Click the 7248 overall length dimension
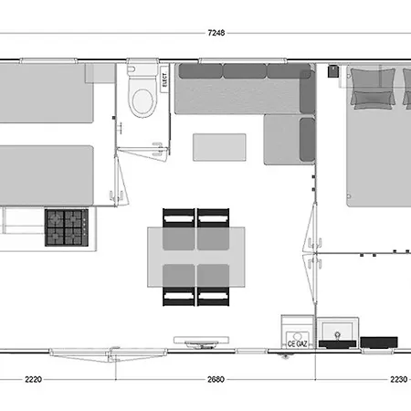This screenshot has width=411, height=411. [216, 33]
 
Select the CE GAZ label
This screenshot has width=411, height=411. [297, 343]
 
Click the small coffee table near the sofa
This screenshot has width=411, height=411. [219, 146]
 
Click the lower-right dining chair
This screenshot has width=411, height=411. [213, 297]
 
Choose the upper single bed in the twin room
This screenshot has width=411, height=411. [46, 93]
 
